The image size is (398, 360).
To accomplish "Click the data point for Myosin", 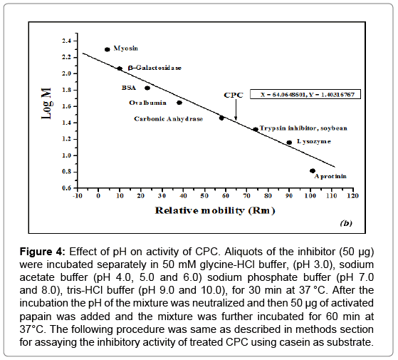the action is click(107, 49).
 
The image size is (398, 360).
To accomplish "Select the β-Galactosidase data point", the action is click(120, 68).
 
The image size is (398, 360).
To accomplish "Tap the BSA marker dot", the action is click(147, 88).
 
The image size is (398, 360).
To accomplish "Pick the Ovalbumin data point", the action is click(179, 103).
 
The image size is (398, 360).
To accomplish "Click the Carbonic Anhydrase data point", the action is click(221, 118).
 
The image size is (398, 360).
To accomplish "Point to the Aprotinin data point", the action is click(313, 170).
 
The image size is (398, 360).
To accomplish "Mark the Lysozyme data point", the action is click(289, 143).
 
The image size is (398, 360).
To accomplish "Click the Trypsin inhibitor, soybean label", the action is click(303, 128).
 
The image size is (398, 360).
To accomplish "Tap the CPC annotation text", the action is click(234, 95).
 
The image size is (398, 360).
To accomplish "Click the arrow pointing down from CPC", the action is click(236, 110).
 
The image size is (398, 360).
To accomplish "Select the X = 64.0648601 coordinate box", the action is click(305, 94).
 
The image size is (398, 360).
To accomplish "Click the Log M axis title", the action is click(47, 103).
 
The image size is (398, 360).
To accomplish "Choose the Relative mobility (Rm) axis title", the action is click(215, 210).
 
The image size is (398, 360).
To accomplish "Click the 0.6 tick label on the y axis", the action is click(66, 188).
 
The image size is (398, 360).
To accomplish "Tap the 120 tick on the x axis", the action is click(353, 195).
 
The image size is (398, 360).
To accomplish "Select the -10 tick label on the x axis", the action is click(78, 195).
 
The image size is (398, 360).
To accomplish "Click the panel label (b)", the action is click(346, 223).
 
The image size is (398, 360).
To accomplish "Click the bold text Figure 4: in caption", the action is click(43, 252).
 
